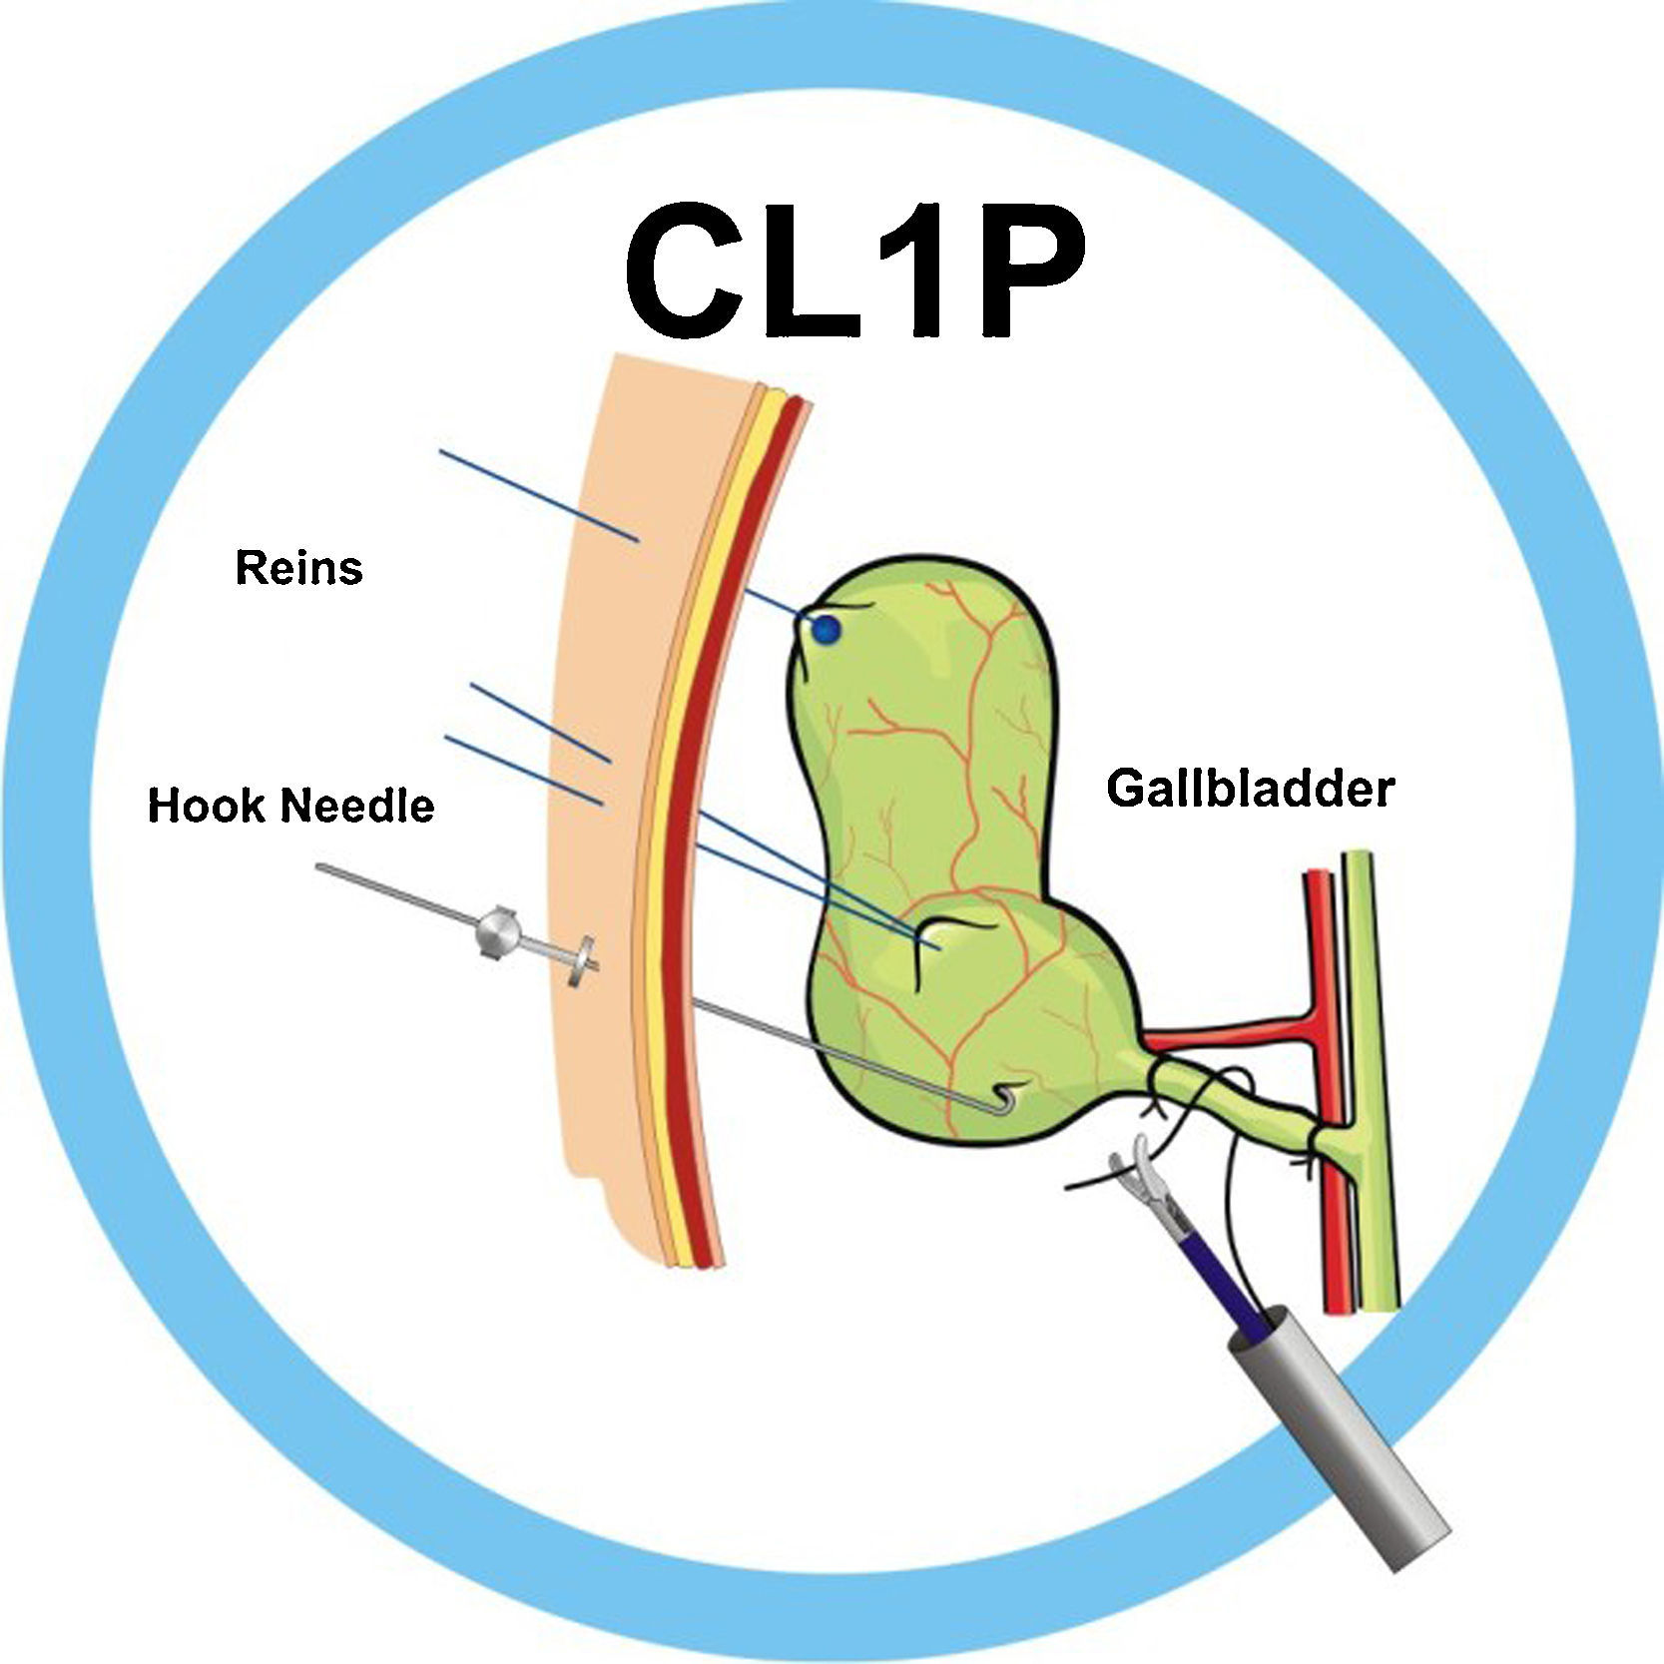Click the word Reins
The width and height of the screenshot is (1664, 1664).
pos(298,568)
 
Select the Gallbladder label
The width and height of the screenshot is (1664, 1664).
pos(1249,789)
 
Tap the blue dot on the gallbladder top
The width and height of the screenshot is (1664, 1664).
pos(826,630)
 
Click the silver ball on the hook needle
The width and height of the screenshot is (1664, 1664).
pos(497,931)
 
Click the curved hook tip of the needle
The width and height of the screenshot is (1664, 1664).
pos(1006,1104)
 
